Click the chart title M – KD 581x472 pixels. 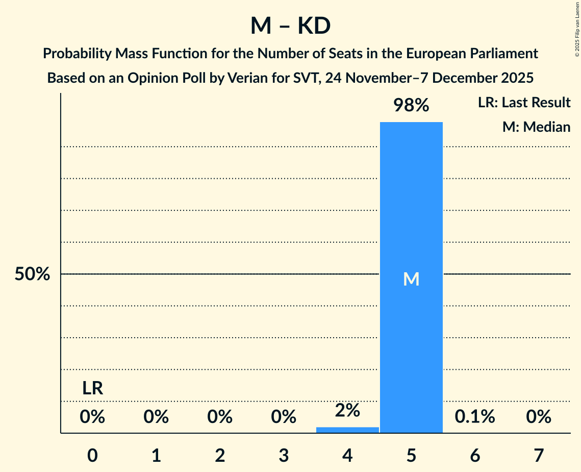pyautogui.click(x=290, y=27)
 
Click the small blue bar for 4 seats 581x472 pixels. pyautogui.click(x=347, y=430)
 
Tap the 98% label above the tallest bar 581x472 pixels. pyautogui.click(x=411, y=105)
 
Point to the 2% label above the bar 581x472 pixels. pyautogui.click(x=347, y=410)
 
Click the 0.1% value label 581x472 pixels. pyautogui.click(x=475, y=417)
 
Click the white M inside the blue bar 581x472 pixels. pyautogui.click(x=411, y=279)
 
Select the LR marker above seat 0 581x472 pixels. pyautogui.click(x=93, y=389)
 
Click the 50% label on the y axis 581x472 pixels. pyautogui.click(x=32, y=274)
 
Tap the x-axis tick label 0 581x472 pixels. pyautogui.click(x=93, y=455)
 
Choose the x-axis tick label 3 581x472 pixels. pyautogui.click(x=284, y=455)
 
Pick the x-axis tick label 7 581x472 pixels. pyautogui.click(x=539, y=455)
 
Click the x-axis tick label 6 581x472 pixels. pyautogui.click(x=475, y=455)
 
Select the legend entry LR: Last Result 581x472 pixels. pyautogui.click(x=524, y=103)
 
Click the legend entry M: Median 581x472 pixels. pyautogui.click(x=536, y=127)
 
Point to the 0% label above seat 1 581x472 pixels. pyautogui.click(x=156, y=417)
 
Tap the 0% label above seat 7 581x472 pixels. pyautogui.click(x=539, y=417)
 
